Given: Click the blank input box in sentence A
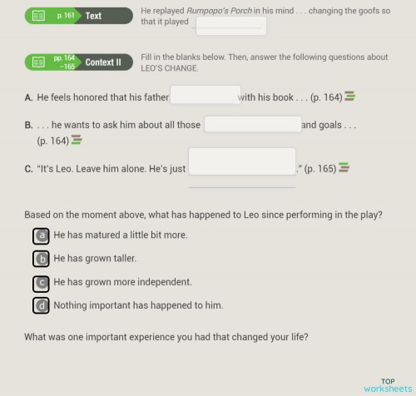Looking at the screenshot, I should [x=205, y=96].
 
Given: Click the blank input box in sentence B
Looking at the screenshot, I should [x=252, y=125].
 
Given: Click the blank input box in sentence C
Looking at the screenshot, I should [x=242, y=161].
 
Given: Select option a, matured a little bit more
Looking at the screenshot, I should [x=41, y=235].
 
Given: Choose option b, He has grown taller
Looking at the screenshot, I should [x=41, y=259].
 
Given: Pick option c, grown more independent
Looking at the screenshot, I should [x=41, y=282].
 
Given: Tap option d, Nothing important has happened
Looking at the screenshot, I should [x=41, y=305].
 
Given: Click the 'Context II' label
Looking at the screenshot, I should [x=103, y=62].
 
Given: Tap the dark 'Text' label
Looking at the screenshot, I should [x=94, y=16].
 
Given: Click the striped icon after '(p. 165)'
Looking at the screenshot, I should [x=344, y=168].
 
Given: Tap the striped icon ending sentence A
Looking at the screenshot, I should [x=350, y=97].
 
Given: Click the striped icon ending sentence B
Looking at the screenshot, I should [x=77, y=140].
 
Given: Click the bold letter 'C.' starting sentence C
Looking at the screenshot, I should [x=29, y=169].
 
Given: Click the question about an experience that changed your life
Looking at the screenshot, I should [x=166, y=337].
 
